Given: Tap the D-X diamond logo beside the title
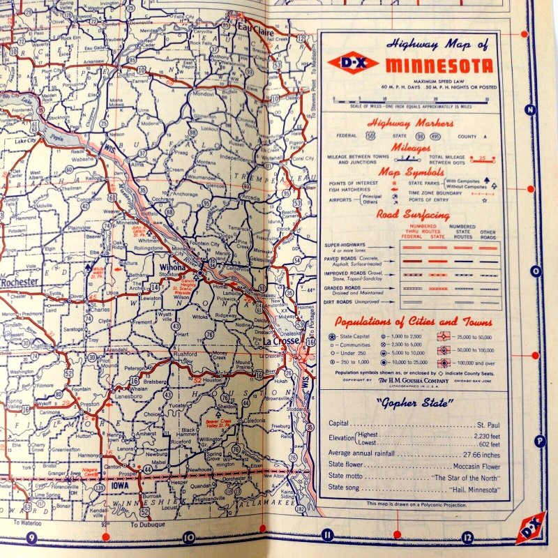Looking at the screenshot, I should tap(352, 63).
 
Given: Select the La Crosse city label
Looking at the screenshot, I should tap(280, 342).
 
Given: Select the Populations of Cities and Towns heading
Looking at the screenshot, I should tap(414, 322).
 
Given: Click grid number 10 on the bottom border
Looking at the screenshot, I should tap(188, 537).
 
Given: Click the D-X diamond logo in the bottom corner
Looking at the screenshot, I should tap(531, 527).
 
